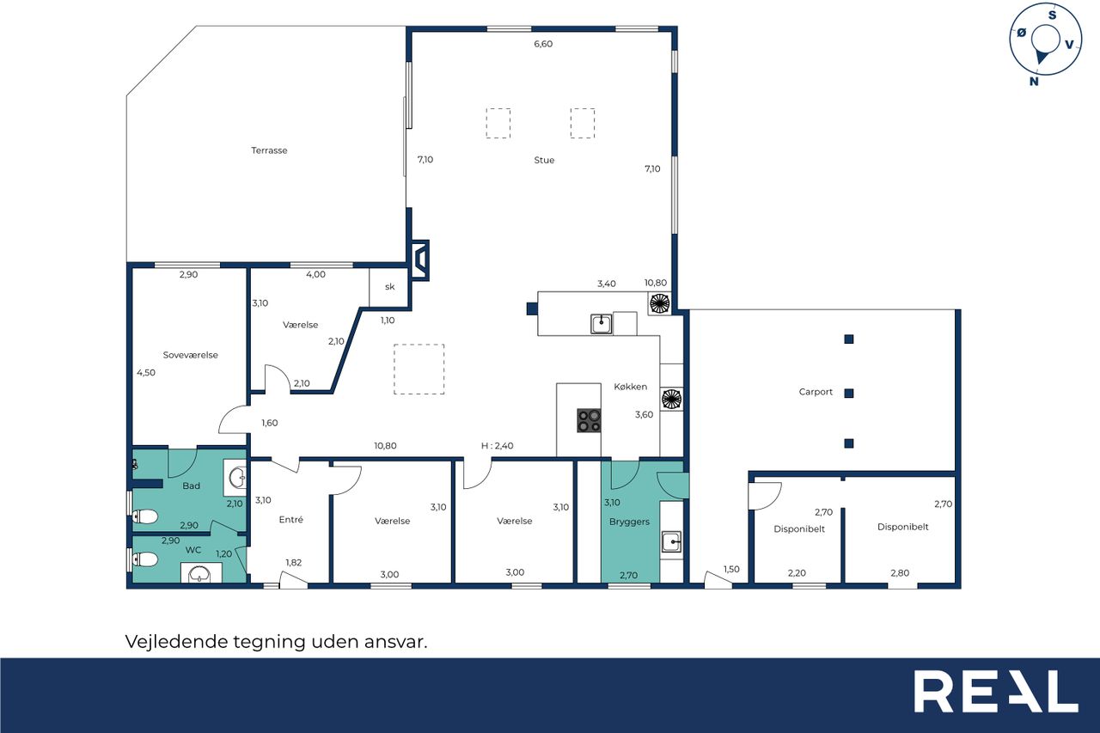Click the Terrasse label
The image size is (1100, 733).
pos(269,150)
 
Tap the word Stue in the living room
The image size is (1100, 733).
pos(544,160)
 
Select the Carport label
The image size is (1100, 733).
pos(816,392)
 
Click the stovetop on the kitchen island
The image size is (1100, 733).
pos(589,421)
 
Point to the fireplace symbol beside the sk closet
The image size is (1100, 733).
pos(420,260)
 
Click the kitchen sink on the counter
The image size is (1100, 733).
pos(601,324)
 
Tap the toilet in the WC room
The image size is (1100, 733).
pos(145,559)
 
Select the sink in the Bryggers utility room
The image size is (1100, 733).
pos(671,542)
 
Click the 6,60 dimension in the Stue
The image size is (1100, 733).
pos(543,44)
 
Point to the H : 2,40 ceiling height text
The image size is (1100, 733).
pos(497,446)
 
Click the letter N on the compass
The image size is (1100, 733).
pos(1034,82)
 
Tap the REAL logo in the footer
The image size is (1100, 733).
pos(996,691)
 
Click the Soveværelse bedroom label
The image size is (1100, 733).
pos(191,355)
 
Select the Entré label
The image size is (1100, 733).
pos(290,519)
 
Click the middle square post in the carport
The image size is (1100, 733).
pos(849,394)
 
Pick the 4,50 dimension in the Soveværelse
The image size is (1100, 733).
pos(146,373)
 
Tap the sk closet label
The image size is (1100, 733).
pos(389,287)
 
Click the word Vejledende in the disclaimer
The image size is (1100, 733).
pos(177,642)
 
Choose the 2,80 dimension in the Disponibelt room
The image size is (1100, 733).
pos(900,573)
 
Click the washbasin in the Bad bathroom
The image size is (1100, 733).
pos(236,477)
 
